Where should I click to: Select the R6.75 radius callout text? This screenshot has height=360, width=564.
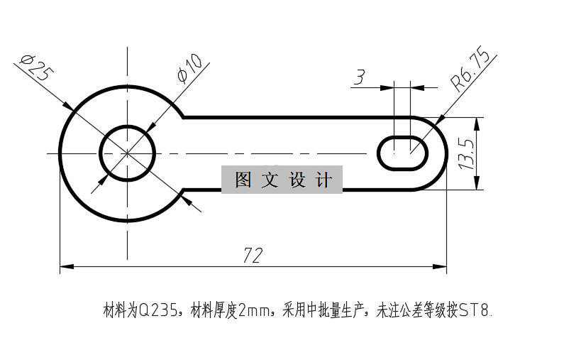[x=469, y=70]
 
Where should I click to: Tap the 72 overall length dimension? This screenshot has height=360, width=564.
[x=253, y=256]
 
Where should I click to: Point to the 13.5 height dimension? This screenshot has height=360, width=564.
[x=465, y=153]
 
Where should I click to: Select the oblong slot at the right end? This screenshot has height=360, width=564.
[x=402, y=151]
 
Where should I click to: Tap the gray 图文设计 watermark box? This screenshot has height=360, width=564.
[x=282, y=180]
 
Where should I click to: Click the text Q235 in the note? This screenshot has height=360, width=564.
[x=154, y=310]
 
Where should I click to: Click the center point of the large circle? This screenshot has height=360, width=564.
[x=128, y=153]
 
